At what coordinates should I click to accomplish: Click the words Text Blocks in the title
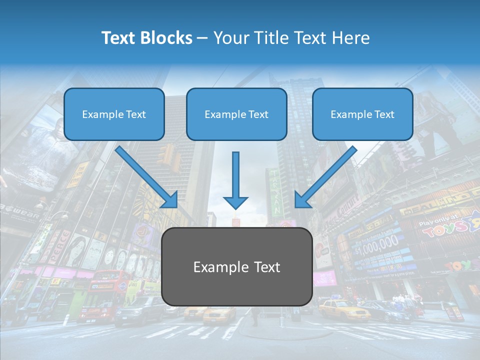(x=146, y=38)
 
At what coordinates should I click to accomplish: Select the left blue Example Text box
(x=114, y=114)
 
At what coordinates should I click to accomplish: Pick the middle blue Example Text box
(x=236, y=114)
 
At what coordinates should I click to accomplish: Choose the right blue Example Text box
(x=362, y=114)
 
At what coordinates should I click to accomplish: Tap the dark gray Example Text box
(x=236, y=266)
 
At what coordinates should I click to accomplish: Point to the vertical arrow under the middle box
(x=235, y=180)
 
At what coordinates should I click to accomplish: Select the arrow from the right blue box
(x=325, y=177)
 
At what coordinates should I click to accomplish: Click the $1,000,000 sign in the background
(x=377, y=244)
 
